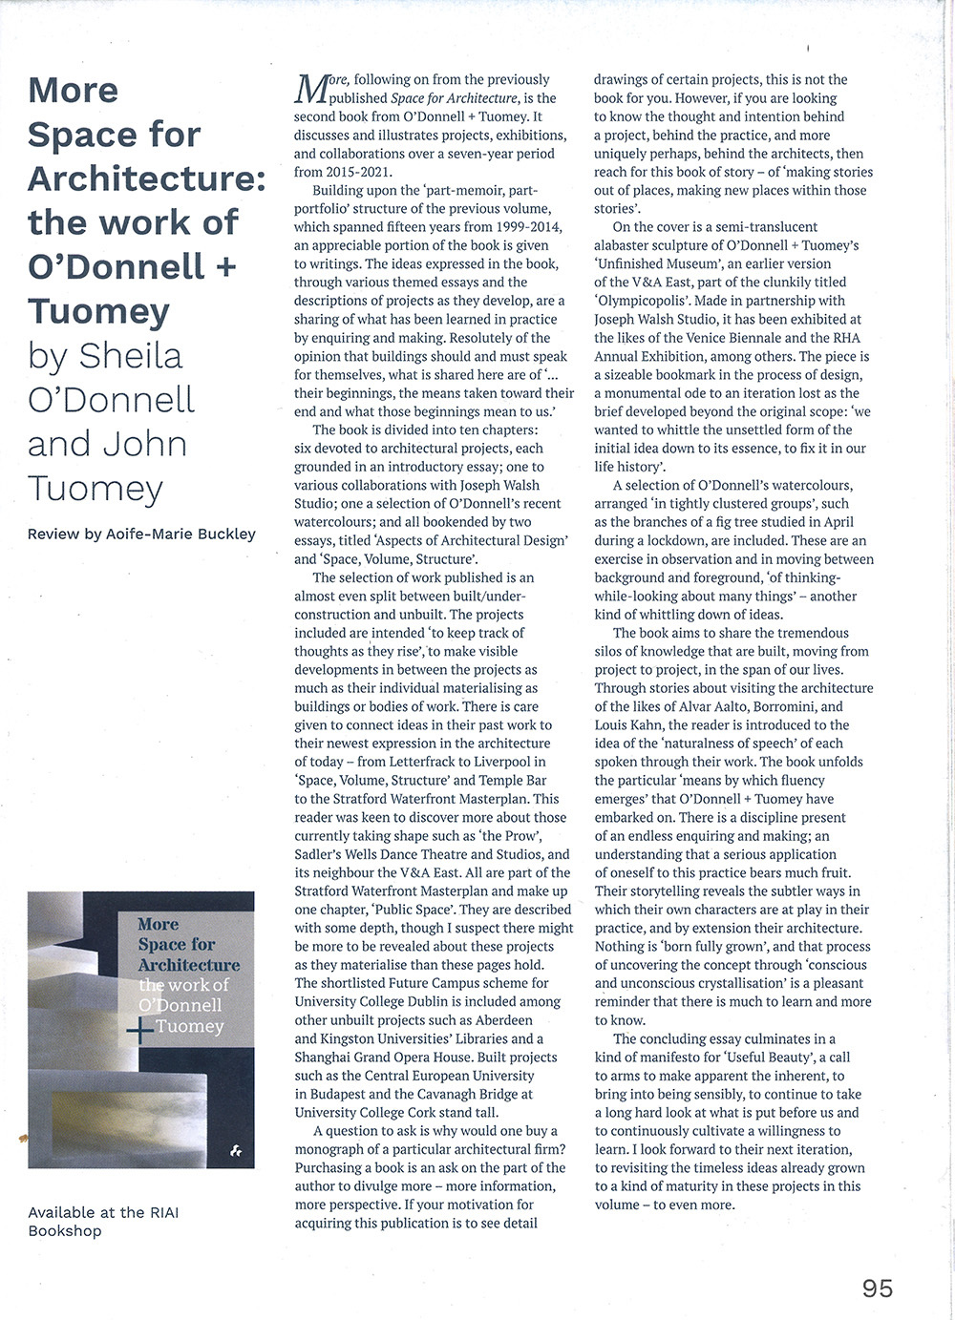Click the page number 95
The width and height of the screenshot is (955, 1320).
(x=877, y=1289)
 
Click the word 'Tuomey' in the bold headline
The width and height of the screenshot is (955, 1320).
(x=98, y=311)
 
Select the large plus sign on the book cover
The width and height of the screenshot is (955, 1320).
(x=140, y=1031)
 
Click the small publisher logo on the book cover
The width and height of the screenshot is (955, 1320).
(x=236, y=1152)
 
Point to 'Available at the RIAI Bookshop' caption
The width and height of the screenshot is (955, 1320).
(x=103, y=1222)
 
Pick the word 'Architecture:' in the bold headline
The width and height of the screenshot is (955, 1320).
(x=146, y=178)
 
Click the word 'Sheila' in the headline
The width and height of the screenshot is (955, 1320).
(x=131, y=356)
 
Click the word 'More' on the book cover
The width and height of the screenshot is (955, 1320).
(x=158, y=924)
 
